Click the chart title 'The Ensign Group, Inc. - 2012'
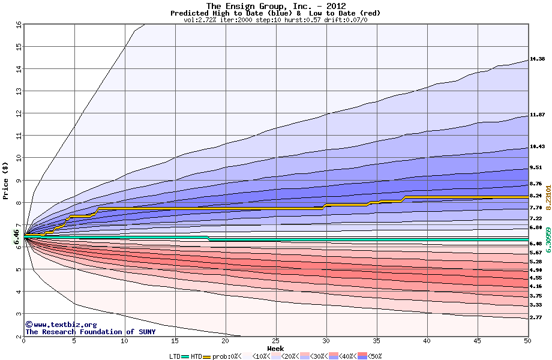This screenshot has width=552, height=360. pos(275,6)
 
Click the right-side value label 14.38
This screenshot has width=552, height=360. pos(537,59)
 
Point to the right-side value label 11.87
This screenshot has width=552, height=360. pos(537,115)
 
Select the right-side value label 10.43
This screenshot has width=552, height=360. pos(537,146)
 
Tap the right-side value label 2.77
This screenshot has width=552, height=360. pos(536,317)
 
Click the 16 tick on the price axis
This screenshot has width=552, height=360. pos(18,25)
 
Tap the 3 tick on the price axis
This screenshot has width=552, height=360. pos(19,314)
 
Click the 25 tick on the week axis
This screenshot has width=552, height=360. pos(275,341)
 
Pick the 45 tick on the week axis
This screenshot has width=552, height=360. pos(477,341)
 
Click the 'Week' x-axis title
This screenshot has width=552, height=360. pos(276,348)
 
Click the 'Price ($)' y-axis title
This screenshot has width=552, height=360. pos(6,180)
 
